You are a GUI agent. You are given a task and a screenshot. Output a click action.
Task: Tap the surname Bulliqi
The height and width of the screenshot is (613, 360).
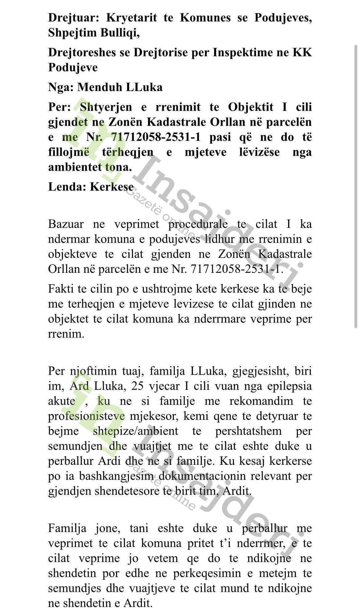pos(120,33)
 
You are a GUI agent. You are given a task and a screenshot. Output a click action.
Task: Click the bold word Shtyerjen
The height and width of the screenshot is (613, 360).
pos(106,107)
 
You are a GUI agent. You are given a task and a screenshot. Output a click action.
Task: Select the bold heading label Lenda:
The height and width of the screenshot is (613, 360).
pos(67,186)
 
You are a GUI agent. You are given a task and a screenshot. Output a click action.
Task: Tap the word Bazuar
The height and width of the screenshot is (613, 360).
pos(66,224)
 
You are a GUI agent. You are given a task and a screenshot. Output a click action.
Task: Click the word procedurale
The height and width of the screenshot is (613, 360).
pos(198,224)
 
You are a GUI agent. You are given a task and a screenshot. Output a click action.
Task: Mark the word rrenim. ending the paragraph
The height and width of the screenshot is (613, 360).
pos(66,334)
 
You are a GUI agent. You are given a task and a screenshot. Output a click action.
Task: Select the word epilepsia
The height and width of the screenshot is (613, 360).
pos(289,386)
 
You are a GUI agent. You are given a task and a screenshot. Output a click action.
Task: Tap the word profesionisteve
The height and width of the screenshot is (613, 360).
pos(86,416)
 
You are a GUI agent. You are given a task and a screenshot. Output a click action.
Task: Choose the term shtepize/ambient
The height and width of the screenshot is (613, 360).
pos(136,431)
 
